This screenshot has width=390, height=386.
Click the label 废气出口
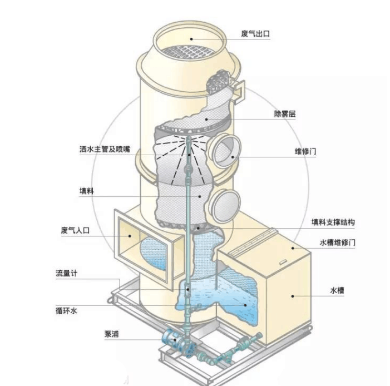[x=255, y=33]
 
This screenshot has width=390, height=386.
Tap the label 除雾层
[x=285, y=114]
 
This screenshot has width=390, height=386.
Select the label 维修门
[x=305, y=151]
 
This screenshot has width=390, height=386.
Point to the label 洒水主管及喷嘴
[x=105, y=149]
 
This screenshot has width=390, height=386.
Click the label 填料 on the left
[x=87, y=191]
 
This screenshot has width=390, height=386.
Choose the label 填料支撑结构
[x=333, y=222]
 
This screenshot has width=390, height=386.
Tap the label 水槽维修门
[x=337, y=243]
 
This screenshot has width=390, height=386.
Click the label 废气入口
[x=75, y=230]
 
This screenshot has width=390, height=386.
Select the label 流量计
[x=66, y=273]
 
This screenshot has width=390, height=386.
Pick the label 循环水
[x=66, y=311]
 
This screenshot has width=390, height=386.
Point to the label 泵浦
[x=111, y=334]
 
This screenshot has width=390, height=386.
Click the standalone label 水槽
[x=337, y=290]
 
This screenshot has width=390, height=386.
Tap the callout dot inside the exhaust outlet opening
[x=191, y=39]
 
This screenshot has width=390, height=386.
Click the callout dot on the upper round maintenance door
[x=233, y=157]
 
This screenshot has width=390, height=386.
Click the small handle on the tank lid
[x=283, y=262]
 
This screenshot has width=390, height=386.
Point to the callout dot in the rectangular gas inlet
[x=130, y=236]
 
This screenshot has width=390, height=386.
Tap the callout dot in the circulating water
[x=245, y=305]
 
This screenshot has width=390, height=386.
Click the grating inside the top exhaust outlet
[x=188, y=52]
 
